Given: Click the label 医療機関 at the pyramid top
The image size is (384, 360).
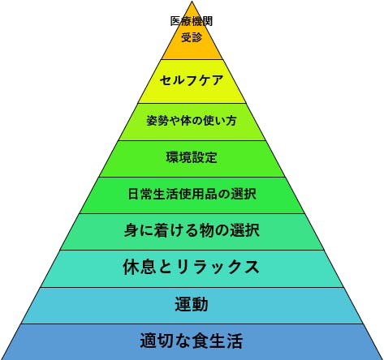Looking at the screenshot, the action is coord(192,21).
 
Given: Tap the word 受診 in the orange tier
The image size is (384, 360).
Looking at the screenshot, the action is coord(192,37).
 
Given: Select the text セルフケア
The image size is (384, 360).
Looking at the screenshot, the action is coord(192,80).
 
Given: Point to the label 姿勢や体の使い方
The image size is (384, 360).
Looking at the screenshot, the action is coord(192,121).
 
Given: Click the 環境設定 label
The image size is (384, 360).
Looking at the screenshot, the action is coord(192,157).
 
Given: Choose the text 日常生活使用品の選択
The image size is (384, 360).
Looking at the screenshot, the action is coord(192,194).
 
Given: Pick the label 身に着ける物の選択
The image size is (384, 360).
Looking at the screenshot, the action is coord(192,230).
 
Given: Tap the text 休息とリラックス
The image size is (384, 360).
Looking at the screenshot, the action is coord(192,267).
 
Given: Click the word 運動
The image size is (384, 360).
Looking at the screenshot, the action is coord(192,304).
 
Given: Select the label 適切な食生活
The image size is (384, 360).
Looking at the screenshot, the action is coord(192,341).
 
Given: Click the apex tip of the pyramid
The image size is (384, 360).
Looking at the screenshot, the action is coord(192,2).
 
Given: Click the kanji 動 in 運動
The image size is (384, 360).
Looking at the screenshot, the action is coord(200,304).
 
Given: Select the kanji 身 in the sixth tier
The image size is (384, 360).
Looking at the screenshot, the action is coord(132,230).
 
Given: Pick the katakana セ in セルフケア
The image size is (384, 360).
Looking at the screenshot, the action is coord(166,80).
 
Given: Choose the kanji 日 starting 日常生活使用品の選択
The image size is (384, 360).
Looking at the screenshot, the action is coord(134,194).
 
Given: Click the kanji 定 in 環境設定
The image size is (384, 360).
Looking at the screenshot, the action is coord(211,157).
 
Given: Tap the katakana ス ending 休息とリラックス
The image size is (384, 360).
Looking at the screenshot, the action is coord(252,268).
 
